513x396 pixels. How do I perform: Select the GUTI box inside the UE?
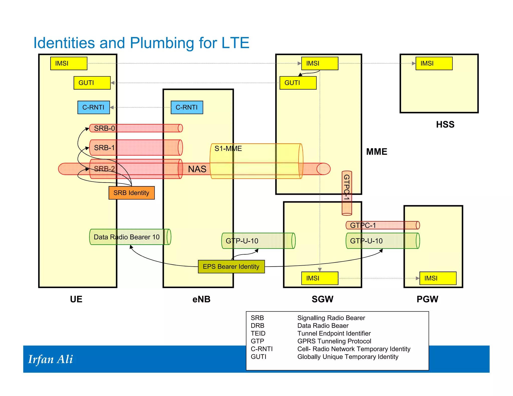pyautogui.click(x=92, y=83)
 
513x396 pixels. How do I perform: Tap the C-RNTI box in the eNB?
pyautogui.click(x=187, y=107)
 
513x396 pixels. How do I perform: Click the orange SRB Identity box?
pyautogui.click(x=132, y=193)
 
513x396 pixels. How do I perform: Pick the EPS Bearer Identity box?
pyautogui.click(x=231, y=267)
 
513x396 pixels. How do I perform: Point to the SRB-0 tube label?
pyautogui.click(x=104, y=128)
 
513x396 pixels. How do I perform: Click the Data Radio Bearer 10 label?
pyautogui.click(x=126, y=237)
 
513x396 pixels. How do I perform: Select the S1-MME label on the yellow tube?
pyautogui.click(x=228, y=148)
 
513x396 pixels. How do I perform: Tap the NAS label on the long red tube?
pyautogui.click(x=197, y=169)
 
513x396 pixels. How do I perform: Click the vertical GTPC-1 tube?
pyautogui.click(x=347, y=193)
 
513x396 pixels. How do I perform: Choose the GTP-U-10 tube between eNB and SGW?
pyautogui.click(x=258, y=241)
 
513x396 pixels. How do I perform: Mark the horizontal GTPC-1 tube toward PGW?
pyautogui.click(x=382, y=225)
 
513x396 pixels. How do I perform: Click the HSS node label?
pyautogui.click(x=445, y=124)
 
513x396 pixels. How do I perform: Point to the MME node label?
pyautogui.click(x=376, y=152)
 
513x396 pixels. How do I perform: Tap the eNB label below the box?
pyautogui.click(x=201, y=299)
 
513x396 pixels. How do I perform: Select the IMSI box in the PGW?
pyautogui.click(x=438, y=278)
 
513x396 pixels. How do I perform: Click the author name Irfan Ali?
pyautogui.click(x=50, y=359)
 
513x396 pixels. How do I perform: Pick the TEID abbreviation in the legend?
pyautogui.click(x=258, y=333)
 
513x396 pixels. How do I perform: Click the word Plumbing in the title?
pyautogui.click(x=162, y=43)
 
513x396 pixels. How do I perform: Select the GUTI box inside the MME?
pyautogui.click(x=298, y=83)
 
